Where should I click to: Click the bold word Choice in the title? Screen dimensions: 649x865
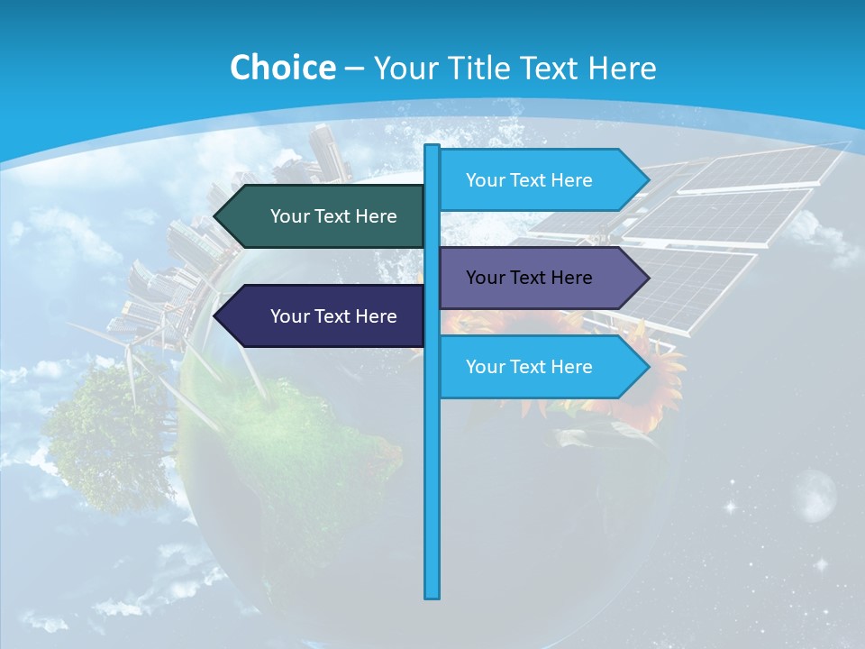(x=282, y=68)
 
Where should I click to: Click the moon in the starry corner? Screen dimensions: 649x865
(x=814, y=494)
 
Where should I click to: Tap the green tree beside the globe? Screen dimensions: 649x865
(x=108, y=433)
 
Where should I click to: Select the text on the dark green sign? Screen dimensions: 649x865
(x=333, y=216)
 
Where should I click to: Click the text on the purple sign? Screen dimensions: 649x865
(x=529, y=278)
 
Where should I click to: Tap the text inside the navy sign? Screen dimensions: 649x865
(x=333, y=316)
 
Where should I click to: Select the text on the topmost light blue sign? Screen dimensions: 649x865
(x=529, y=180)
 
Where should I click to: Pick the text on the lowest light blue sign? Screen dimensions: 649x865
(x=529, y=367)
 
